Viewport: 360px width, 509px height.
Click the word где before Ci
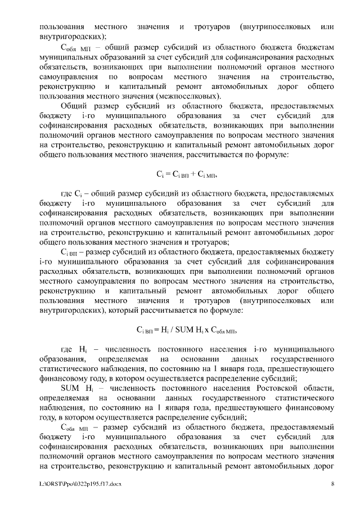(x=67, y=193)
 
